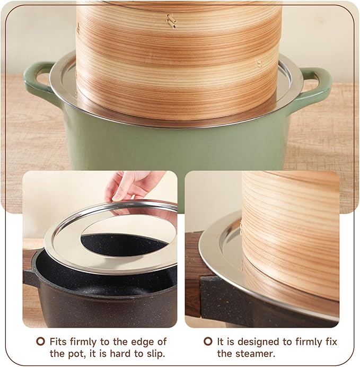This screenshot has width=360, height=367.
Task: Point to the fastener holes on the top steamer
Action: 171,21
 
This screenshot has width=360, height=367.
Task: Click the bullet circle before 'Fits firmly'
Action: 40,342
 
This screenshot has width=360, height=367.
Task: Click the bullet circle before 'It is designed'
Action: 208,342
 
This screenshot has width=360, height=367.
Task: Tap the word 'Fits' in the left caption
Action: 59,342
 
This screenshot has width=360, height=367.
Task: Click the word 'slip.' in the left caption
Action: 154,353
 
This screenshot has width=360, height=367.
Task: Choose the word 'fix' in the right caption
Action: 330,342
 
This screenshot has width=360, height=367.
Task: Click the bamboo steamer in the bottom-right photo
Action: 292,228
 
